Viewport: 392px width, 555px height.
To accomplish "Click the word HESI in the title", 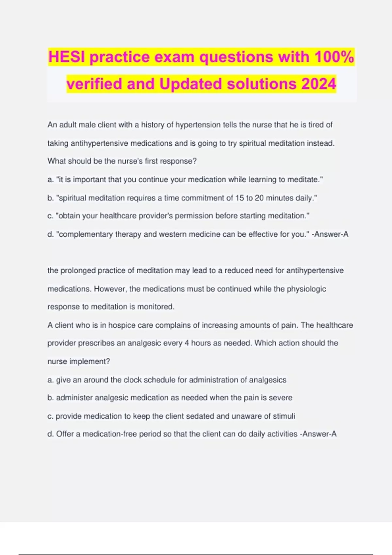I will pos(67,57).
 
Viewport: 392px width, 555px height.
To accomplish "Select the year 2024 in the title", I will pos(318,84).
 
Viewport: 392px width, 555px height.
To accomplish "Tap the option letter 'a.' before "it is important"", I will pos(51,180).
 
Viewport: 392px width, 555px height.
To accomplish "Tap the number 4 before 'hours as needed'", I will pos(187,343).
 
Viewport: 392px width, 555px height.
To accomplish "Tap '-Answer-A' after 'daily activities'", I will pos(318,434).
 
